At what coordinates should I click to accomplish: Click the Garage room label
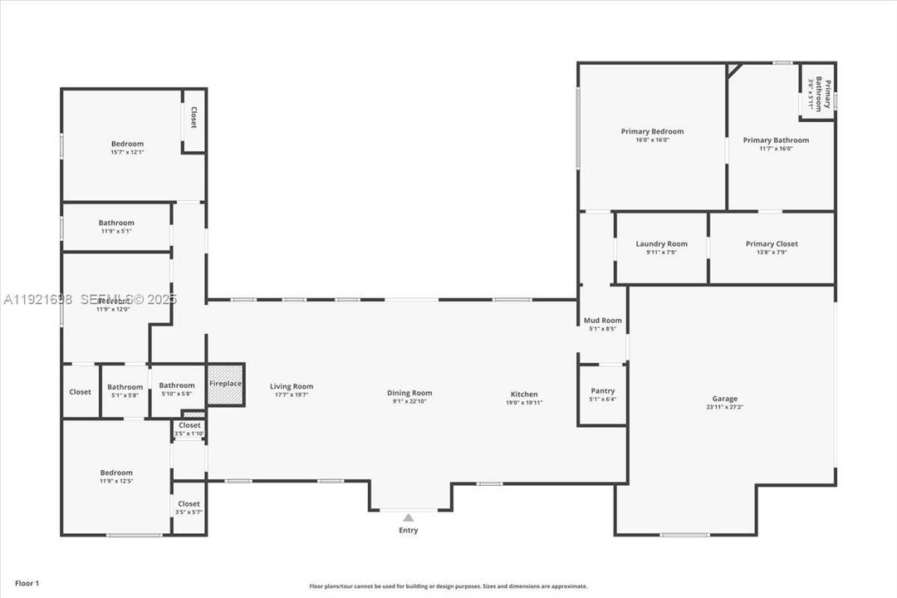tap(724, 399)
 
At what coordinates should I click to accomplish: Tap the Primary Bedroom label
tap(652, 131)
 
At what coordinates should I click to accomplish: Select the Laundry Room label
tap(661, 243)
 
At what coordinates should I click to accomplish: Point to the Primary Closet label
tap(772, 243)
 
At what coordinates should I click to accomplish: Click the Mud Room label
tap(602, 321)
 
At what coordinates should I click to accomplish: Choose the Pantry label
tap(602, 390)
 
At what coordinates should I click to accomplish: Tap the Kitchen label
tap(524, 395)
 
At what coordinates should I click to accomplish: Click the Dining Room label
tap(409, 393)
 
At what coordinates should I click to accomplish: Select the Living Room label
tap(292, 386)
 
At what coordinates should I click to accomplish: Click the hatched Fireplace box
tap(225, 385)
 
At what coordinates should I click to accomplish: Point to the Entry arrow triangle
tap(408, 517)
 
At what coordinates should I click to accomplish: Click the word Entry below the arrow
tap(408, 530)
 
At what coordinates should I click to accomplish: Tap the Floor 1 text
tap(27, 583)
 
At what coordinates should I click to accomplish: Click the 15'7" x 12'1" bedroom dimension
tap(127, 152)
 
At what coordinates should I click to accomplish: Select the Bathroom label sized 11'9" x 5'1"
tap(116, 223)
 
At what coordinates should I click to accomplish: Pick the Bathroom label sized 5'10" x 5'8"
tap(177, 385)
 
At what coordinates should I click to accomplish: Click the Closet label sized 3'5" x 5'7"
tap(189, 503)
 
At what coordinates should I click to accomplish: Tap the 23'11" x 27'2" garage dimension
tap(724, 407)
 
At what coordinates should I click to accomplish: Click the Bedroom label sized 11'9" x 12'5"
tap(116, 473)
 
